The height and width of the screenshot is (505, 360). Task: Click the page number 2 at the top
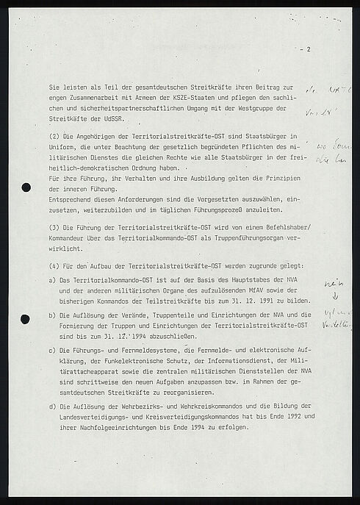[x=309, y=49]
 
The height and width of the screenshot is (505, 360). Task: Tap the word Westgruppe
[x=247, y=108]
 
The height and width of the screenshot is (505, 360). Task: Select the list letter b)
[x=49, y=315]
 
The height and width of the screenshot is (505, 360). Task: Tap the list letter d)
[x=49, y=406]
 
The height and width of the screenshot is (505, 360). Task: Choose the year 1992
[x=273, y=417]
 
